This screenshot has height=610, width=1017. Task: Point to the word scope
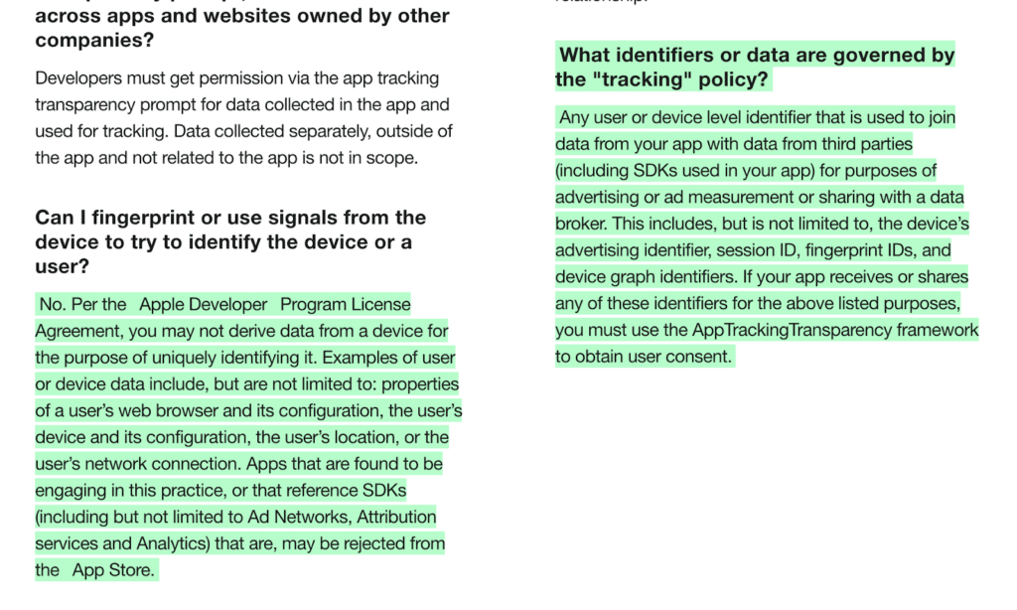click(x=394, y=158)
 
